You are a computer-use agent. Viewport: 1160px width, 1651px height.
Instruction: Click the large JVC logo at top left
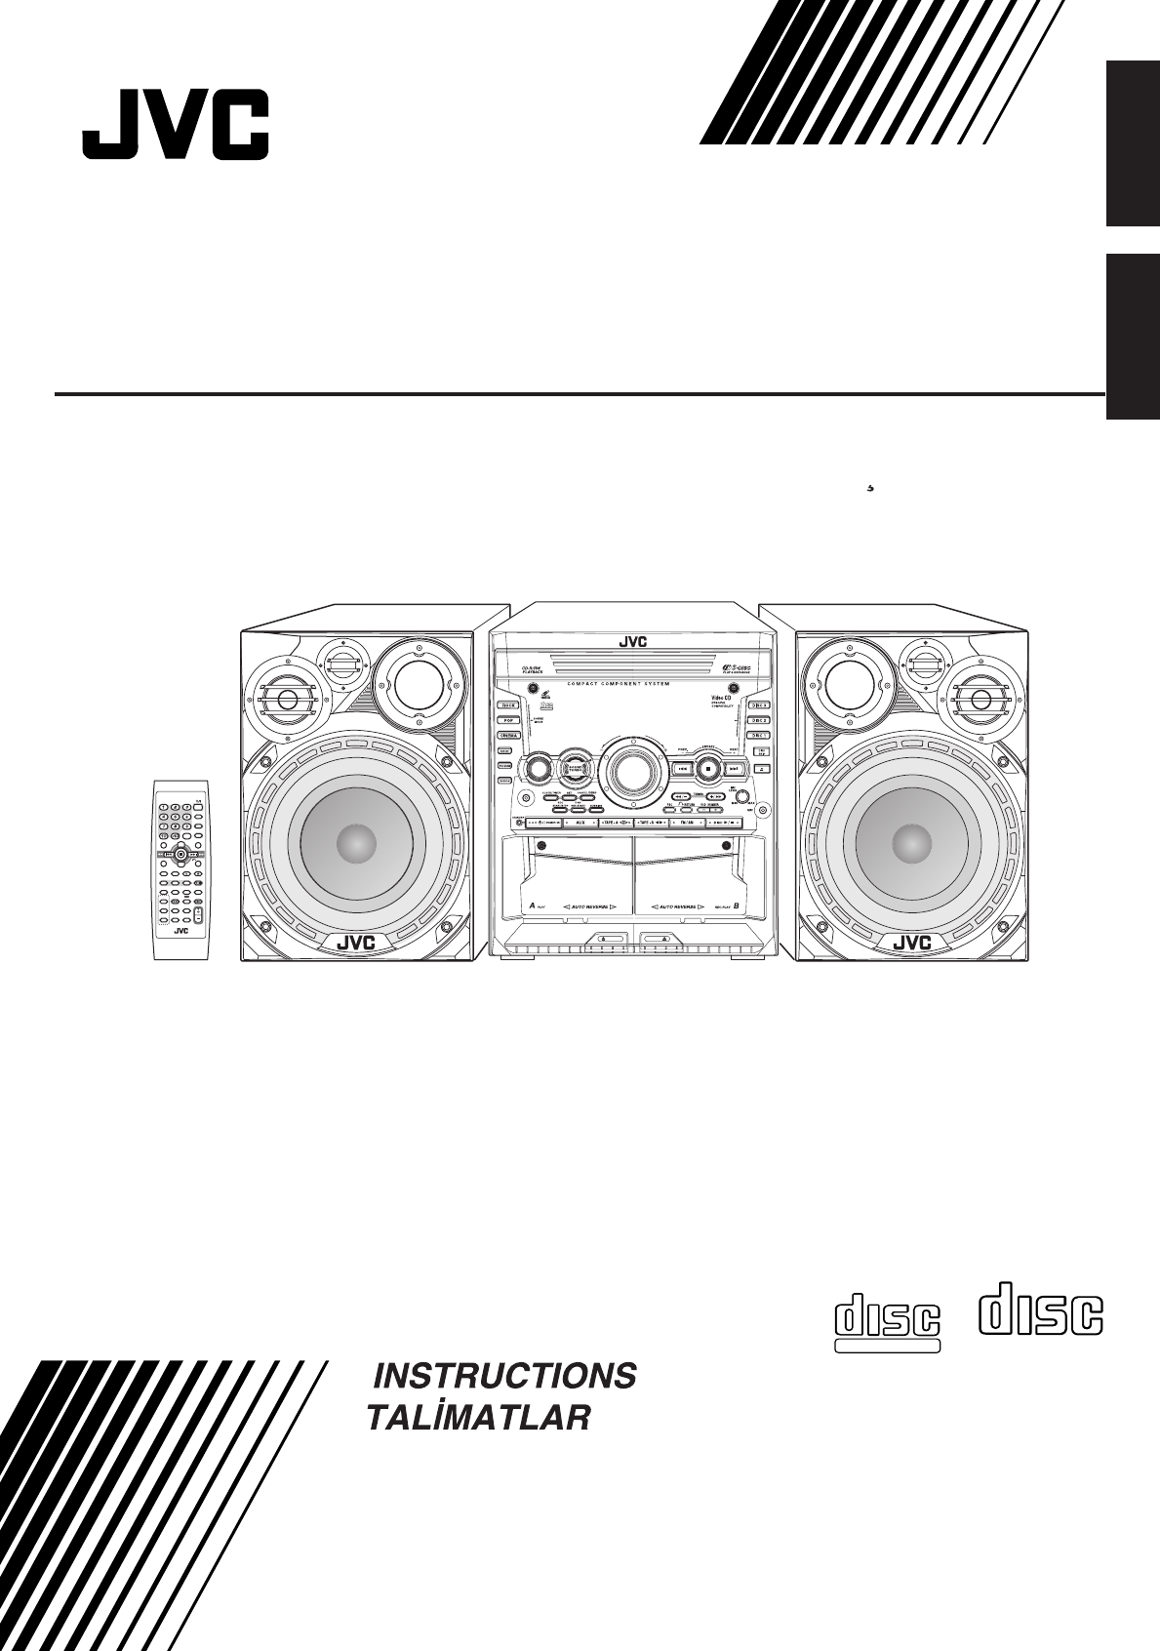pyautogui.click(x=175, y=125)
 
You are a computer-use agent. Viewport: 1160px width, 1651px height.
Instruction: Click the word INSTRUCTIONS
pyautogui.click(x=505, y=1376)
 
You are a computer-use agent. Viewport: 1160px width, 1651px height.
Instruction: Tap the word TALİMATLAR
pyautogui.click(x=478, y=1418)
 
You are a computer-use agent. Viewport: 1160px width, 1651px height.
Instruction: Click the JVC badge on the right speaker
pyautogui.click(x=912, y=943)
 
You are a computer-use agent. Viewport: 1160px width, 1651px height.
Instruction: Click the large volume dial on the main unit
pyautogui.click(x=632, y=771)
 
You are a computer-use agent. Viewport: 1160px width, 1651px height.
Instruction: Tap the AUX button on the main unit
pyautogui.click(x=580, y=824)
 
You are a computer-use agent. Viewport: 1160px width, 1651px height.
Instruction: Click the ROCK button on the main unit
pyautogui.click(x=507, y=705)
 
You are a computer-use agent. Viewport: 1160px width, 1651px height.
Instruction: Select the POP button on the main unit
pyautogui.click(x=507, y=720)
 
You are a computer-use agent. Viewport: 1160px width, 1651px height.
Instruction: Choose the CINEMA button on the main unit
pyautogui.click(x=507, y=736)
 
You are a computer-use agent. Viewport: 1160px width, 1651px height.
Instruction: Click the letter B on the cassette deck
pyautogui.click(x=736, y=906)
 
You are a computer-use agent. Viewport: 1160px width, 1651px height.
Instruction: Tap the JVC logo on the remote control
pyautogui.click(x=180, y=930)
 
